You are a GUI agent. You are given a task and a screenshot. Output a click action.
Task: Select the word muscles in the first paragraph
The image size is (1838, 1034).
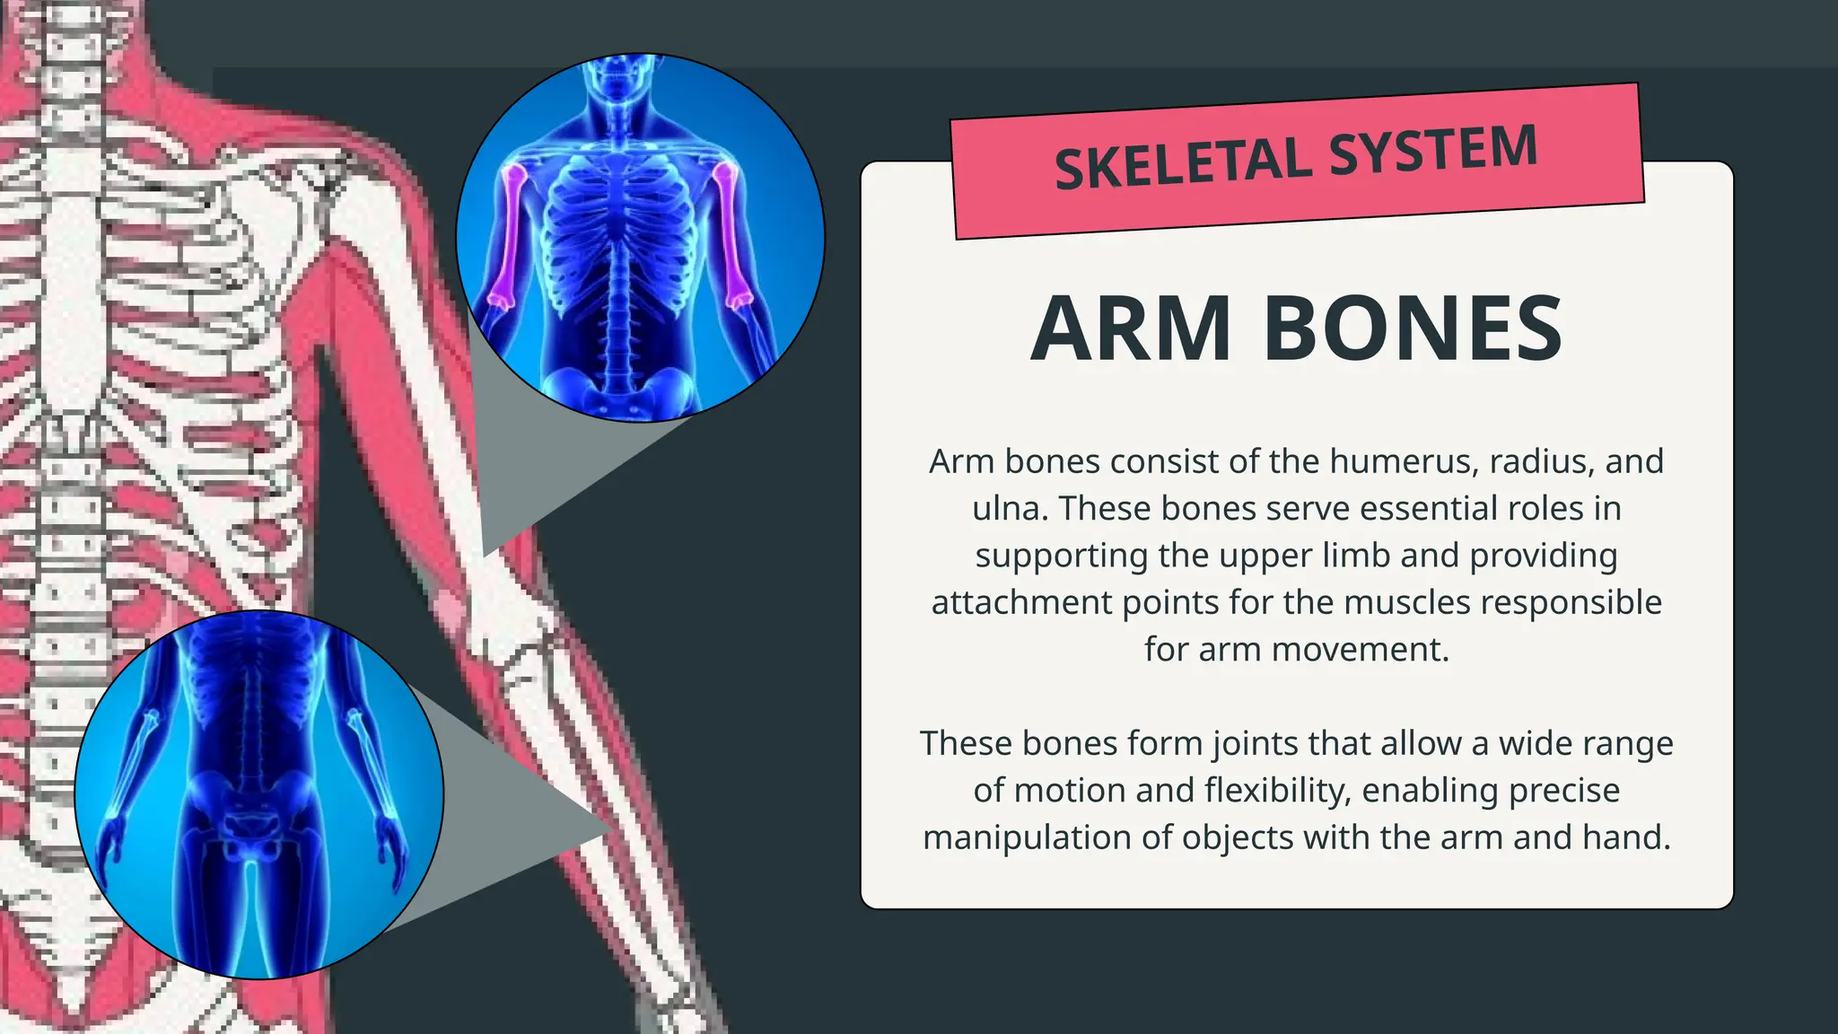pyautogui.click(x=1422, y=601)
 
